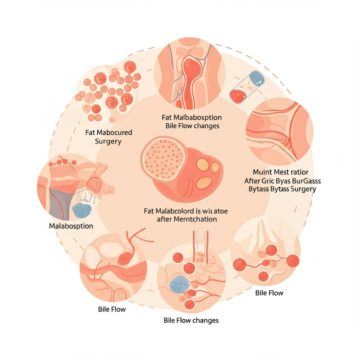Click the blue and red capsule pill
247,86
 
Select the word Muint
263,172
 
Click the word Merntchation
193,219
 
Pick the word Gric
270,181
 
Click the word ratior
299,172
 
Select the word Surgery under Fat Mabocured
108,141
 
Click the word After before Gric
253,181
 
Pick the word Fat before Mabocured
90,133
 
